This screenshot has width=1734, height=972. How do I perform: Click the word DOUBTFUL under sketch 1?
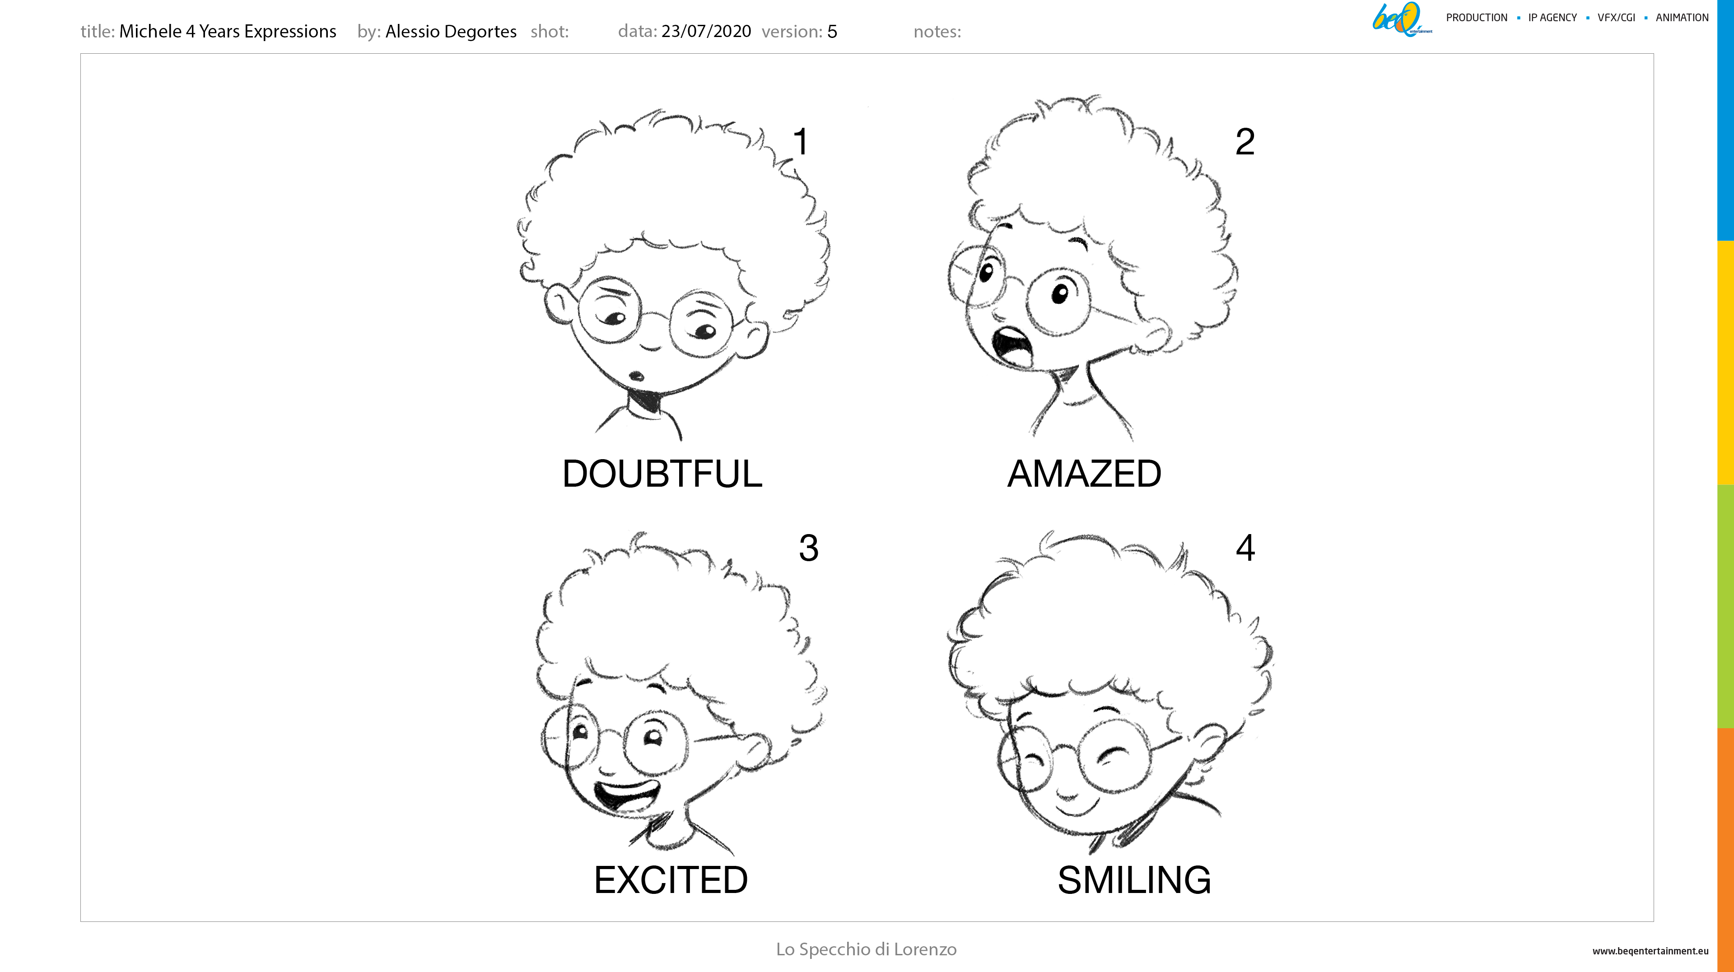(662, 474)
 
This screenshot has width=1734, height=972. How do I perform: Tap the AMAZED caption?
(1084, 474)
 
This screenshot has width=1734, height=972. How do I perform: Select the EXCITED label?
(671, 880)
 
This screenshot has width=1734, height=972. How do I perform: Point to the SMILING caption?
(1134, 880)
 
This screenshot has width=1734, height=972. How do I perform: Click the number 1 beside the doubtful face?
(800, 142)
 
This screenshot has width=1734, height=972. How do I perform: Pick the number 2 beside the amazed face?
(1245, 142)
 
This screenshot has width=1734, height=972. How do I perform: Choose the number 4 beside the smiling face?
(1245, 548)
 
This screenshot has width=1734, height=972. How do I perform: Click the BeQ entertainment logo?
(1402, 19)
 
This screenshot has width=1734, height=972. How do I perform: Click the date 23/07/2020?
(706, 31)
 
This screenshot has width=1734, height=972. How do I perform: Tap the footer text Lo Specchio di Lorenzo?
(866, 949)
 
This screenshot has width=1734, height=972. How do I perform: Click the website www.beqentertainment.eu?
(1650, 951)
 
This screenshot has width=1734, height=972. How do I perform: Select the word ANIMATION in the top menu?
(1682, 18)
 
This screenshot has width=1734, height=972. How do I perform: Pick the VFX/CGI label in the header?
(1616, 18)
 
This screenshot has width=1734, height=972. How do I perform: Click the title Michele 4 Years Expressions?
(228, 32)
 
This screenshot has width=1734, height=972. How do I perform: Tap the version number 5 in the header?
(832, 32)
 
